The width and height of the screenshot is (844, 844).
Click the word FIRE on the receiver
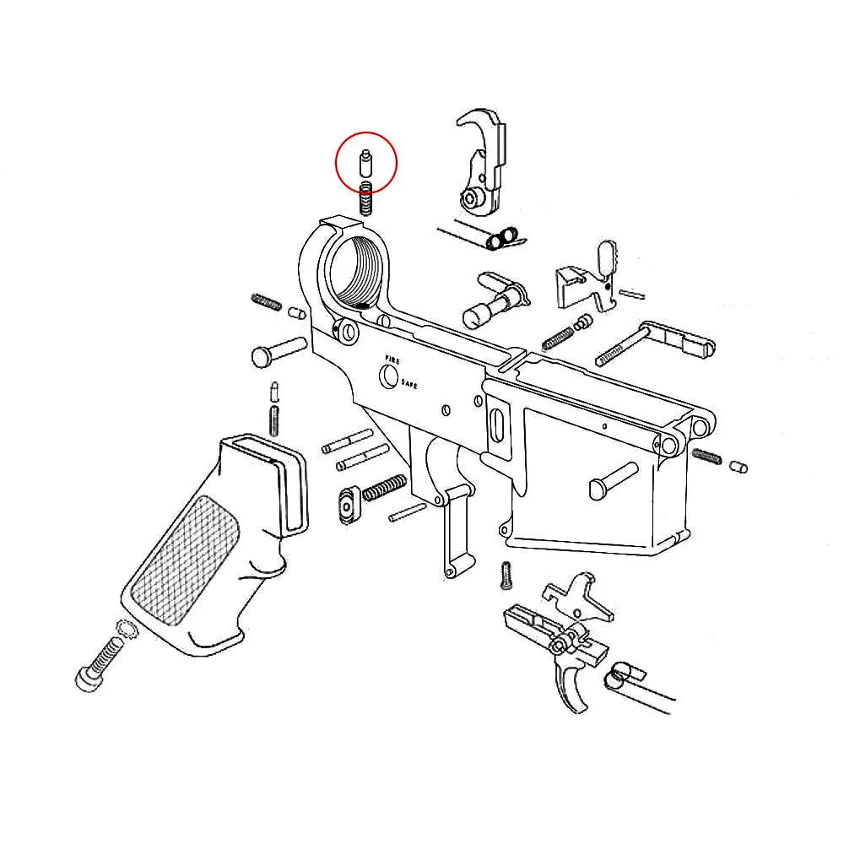click(x=392, y=360)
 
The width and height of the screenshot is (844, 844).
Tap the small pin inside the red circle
click(x=365, y=164)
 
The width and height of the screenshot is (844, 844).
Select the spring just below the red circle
click(x=366, y=198)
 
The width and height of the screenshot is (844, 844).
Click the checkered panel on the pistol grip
click(x=185, y=560)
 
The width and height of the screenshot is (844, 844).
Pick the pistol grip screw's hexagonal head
click(x=87, y=679)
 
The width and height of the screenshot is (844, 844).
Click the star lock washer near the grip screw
click(x=127, y=630)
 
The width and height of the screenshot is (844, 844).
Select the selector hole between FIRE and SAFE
click(x=388, y=376)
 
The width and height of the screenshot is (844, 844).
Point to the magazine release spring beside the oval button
click(x=384, y=488)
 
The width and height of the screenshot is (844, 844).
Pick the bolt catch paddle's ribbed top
click(x=608, y=256)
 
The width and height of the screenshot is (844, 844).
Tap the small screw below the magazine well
click(x=506, y=576)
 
